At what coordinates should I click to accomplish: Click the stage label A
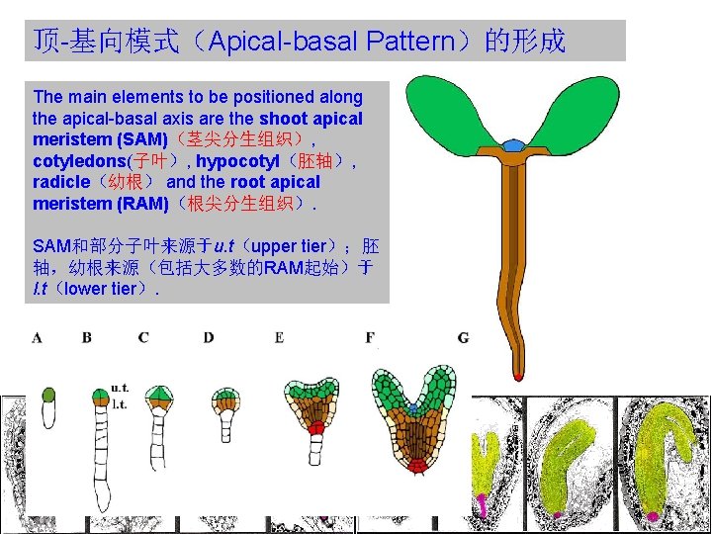coord(37,338)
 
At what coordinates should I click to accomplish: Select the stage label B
coord(87,338)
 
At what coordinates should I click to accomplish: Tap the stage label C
coord(144,338)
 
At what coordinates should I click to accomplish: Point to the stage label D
coord(208,338)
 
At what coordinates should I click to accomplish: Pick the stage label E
coord(279,338)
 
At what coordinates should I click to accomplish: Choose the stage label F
coord(370,338)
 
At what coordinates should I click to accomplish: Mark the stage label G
coord(463,338)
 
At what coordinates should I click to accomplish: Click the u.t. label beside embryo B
coord(121,389)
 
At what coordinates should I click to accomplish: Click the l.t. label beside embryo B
coord(120,403)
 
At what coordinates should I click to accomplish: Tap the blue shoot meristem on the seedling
coord(512,145)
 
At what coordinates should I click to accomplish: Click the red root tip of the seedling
coord(517,374)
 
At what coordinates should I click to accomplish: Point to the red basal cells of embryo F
coord(418,464)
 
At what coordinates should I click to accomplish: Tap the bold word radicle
coord(61,182)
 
